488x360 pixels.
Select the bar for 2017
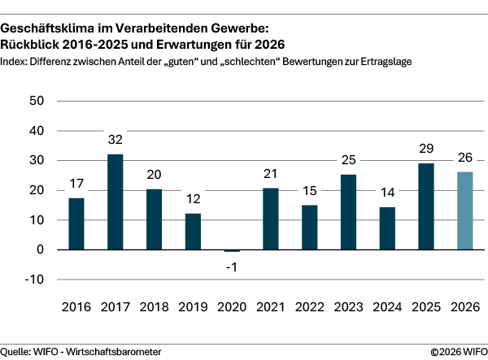pos(115,202)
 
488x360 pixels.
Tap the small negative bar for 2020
pos(232,251)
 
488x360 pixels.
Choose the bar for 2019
pos(194,232)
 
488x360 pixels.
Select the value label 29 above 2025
pos(425,150)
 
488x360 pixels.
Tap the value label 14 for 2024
pos(386,193)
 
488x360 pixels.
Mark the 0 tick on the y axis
pos(38,249)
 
